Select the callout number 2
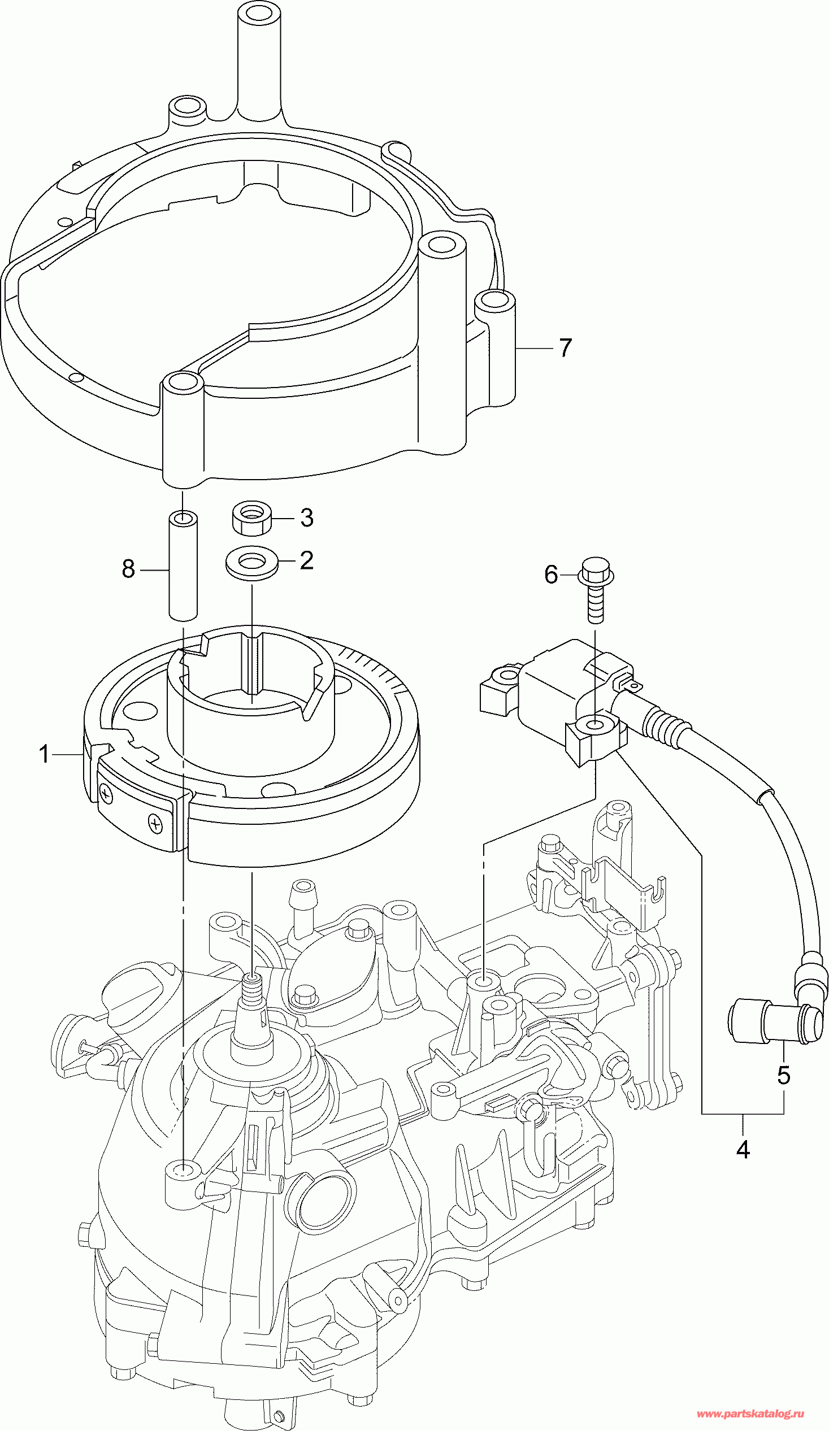point(306,560)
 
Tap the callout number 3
point(306,517)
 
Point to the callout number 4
point(742,1304)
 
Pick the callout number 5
point(784,1245)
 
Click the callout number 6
point(551,575)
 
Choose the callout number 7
point(564,347)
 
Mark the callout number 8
point(128,568)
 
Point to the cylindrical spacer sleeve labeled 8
point(183,565)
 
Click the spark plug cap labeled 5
point(772,1193)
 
